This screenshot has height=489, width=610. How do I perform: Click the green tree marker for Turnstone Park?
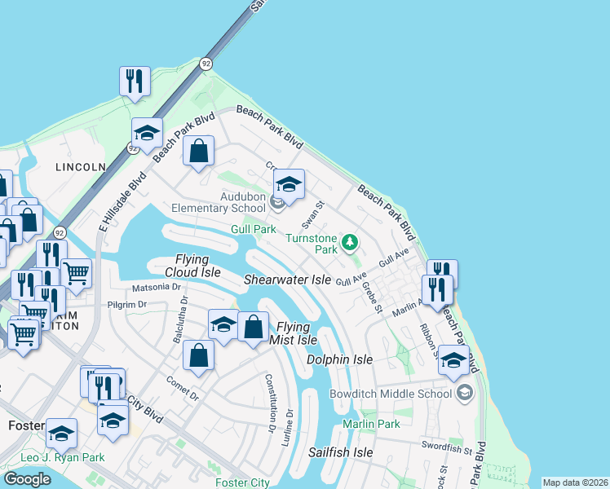tap(350, 242)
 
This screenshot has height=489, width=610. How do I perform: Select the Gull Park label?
tap(254, 231)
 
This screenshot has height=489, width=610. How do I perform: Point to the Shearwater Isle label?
tap(288, 280)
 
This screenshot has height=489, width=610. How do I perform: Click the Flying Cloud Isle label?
tap(192, 266)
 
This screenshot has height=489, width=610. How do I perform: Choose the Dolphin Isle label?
tap(339, 359)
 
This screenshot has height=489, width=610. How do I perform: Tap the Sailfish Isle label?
tap(340, 452)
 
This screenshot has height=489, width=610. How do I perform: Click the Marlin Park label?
tap(371, 424)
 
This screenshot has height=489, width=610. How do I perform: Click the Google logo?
tap(27, 479)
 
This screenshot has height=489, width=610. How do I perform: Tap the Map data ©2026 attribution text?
tap(575, 482)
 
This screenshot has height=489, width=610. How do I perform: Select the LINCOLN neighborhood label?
tap(81, 167)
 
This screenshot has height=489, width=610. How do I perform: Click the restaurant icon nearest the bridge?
tap(135, 81)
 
